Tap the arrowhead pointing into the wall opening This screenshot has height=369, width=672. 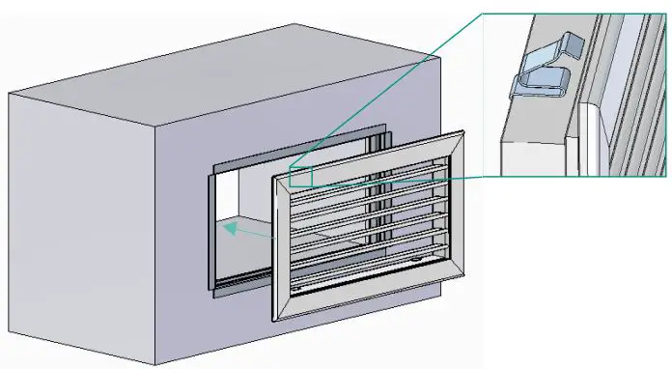224,228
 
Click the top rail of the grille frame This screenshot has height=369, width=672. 372,159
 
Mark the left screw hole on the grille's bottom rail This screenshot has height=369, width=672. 297,287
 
